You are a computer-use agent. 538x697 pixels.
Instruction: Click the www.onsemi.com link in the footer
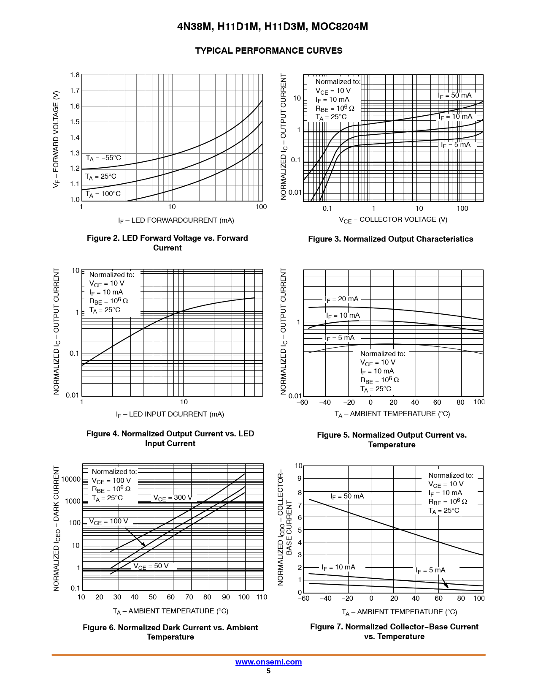point(268,662)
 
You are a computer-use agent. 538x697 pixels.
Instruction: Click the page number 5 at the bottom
point(268,671)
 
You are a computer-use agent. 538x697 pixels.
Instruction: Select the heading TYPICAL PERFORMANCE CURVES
point(269,51)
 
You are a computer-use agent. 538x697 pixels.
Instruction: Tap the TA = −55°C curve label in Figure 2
point(103,158)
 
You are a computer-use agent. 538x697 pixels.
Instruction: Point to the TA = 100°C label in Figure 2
point(103,194)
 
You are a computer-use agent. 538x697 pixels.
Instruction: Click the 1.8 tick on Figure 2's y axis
point(75,75)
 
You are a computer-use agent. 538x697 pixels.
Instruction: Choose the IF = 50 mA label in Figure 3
point(454,95)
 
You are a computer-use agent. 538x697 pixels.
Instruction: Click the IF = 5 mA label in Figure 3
point(456,145)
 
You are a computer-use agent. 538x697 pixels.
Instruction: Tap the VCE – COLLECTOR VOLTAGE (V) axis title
point(393,220)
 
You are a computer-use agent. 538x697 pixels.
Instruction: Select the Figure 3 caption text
point(390,239)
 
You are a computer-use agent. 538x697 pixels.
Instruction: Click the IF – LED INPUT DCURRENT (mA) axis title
point(170,414)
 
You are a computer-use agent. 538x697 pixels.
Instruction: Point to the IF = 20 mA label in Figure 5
point(342,299)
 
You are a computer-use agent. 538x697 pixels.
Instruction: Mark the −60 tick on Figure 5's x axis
point(303,402)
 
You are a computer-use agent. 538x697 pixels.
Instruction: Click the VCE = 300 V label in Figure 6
point(173,498)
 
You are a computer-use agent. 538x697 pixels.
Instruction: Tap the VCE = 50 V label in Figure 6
point(151,566)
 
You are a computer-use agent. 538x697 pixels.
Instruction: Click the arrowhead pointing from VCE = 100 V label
point(143,545)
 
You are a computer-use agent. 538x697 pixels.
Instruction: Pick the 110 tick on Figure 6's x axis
point(262,597)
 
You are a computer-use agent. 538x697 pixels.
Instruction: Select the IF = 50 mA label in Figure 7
point(347,496)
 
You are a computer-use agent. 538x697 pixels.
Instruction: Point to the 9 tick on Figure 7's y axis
point(300,478)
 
